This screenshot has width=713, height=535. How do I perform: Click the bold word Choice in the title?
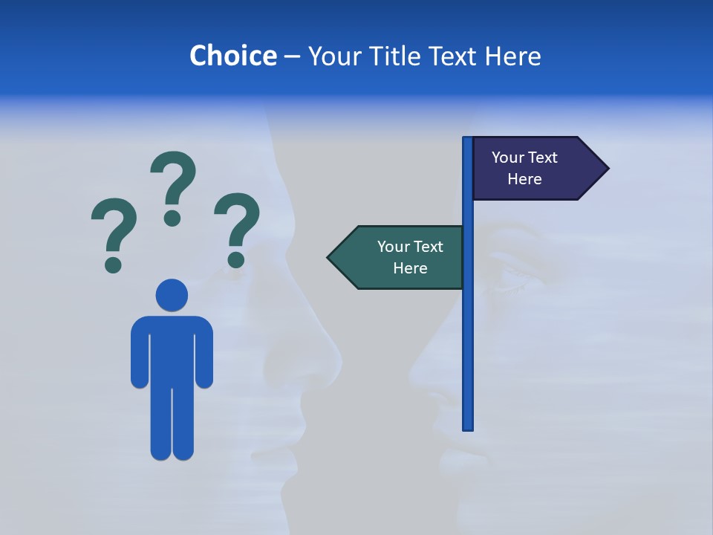click(232, 56)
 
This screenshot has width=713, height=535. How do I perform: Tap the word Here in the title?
click(512, 56)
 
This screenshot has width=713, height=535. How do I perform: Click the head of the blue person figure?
click(172, 295)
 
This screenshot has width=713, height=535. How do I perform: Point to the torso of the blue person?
click(172, 349)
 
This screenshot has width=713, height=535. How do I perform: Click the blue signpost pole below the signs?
click(467, 357)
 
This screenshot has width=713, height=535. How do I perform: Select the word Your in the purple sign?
click(508, 158)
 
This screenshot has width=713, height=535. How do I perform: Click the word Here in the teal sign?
click(410, 268)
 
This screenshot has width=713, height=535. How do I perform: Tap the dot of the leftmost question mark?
click(113, 264)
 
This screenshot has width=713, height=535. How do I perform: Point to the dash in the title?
click(292, 57)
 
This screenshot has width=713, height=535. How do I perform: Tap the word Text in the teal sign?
click(427, 247)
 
